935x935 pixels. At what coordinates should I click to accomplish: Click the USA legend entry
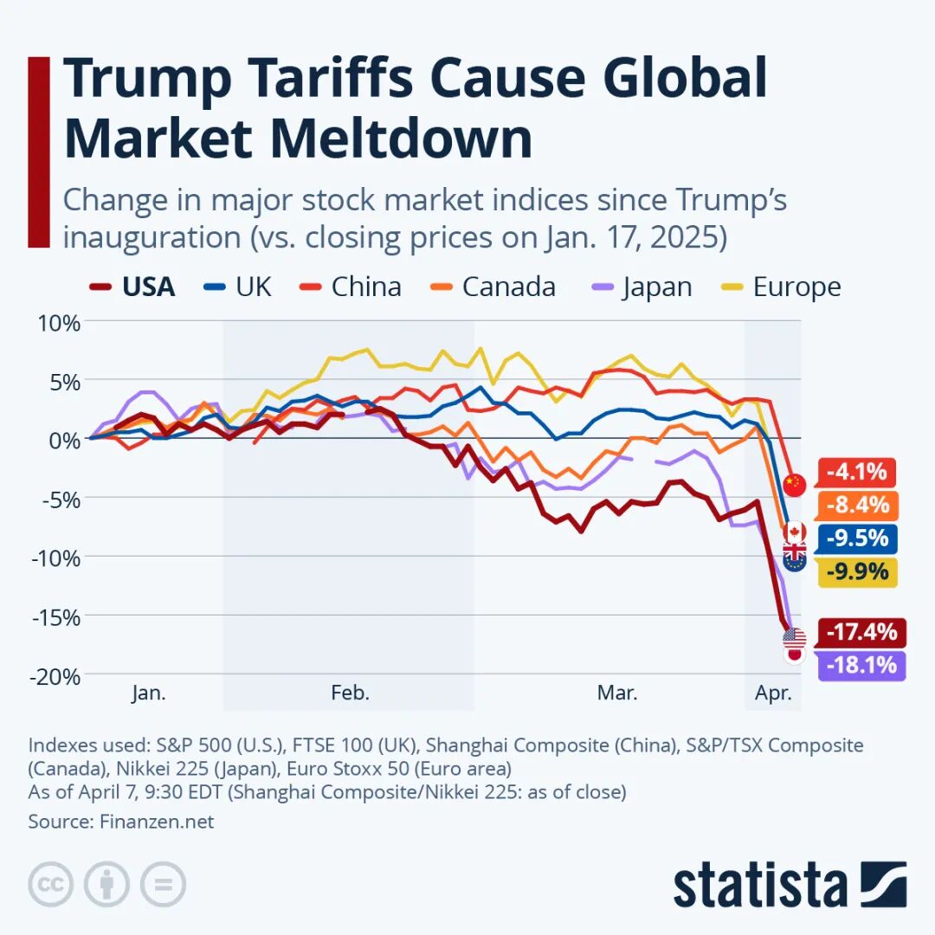(132, 287)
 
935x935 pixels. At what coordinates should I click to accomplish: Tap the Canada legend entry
(493, 287)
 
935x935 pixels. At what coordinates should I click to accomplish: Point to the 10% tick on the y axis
(57, 323)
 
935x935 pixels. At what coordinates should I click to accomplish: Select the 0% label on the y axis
(64, 440)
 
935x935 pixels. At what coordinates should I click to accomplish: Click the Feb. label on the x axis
(350, 693)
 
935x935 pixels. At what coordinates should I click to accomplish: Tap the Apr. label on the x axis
(773, 693)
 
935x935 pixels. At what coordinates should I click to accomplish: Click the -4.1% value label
(856, 472)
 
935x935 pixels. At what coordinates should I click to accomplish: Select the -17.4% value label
(861, 632)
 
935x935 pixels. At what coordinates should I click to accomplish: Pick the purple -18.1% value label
(861, 666)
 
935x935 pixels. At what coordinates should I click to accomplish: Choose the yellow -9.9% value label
(856, 571)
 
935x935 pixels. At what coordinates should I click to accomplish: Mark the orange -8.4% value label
(856, 505)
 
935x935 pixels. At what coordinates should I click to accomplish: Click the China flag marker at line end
(795, 485)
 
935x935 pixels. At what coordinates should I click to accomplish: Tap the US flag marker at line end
(794, 639)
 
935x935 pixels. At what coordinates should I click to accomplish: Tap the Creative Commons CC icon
(51, 885)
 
